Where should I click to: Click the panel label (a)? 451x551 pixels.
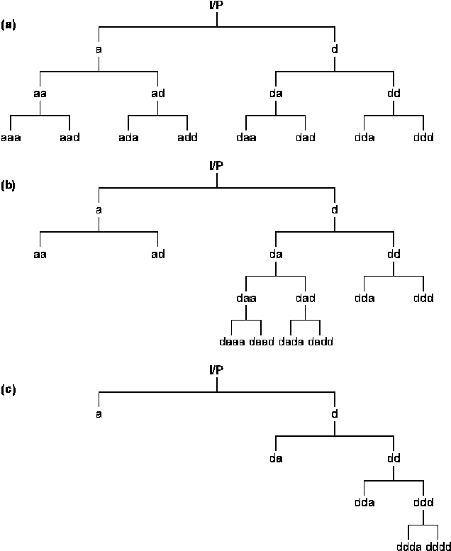(9, 25)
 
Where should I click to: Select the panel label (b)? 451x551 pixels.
(9, 185)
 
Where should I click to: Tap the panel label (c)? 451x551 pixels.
(9, 389)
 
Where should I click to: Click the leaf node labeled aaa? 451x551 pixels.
(11, 137)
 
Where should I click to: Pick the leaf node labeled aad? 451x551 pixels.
(69, 137)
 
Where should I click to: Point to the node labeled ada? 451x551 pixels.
(128, 137)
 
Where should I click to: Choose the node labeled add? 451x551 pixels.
(187, 137)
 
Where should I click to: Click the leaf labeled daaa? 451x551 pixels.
(232, 342)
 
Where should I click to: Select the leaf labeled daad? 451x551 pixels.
(262, 342)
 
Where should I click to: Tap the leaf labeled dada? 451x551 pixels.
(291, 342)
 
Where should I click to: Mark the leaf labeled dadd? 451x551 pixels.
(321, 342)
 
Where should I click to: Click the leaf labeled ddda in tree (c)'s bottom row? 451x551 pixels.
(409, 546)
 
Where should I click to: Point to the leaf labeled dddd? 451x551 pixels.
(438, 546)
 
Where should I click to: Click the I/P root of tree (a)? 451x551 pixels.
(216, 6)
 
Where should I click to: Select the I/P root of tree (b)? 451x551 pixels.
(216, 166)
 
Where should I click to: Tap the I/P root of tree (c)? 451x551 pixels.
(216, 370)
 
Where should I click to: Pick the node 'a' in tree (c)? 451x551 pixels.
(99, 414)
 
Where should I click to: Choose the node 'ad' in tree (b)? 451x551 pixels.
(157, 254)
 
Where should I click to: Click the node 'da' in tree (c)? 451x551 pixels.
(276, 458)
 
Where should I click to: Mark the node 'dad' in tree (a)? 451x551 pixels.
(305, 137)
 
